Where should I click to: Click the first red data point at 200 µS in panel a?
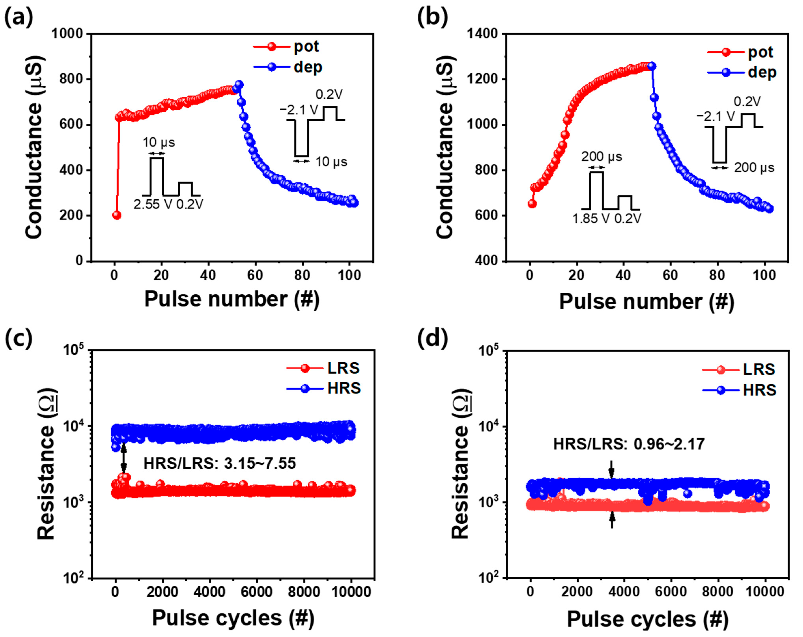tap(117, 215)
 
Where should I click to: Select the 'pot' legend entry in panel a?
tap(306, 47)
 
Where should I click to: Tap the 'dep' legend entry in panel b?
tap(762, 72)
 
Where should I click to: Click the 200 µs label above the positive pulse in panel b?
tap(601, 157)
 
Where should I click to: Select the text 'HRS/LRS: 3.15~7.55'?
tap(220, 463)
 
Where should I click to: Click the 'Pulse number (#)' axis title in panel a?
tap(232, 299)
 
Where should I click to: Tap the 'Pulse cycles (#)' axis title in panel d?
tap(647, 619)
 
